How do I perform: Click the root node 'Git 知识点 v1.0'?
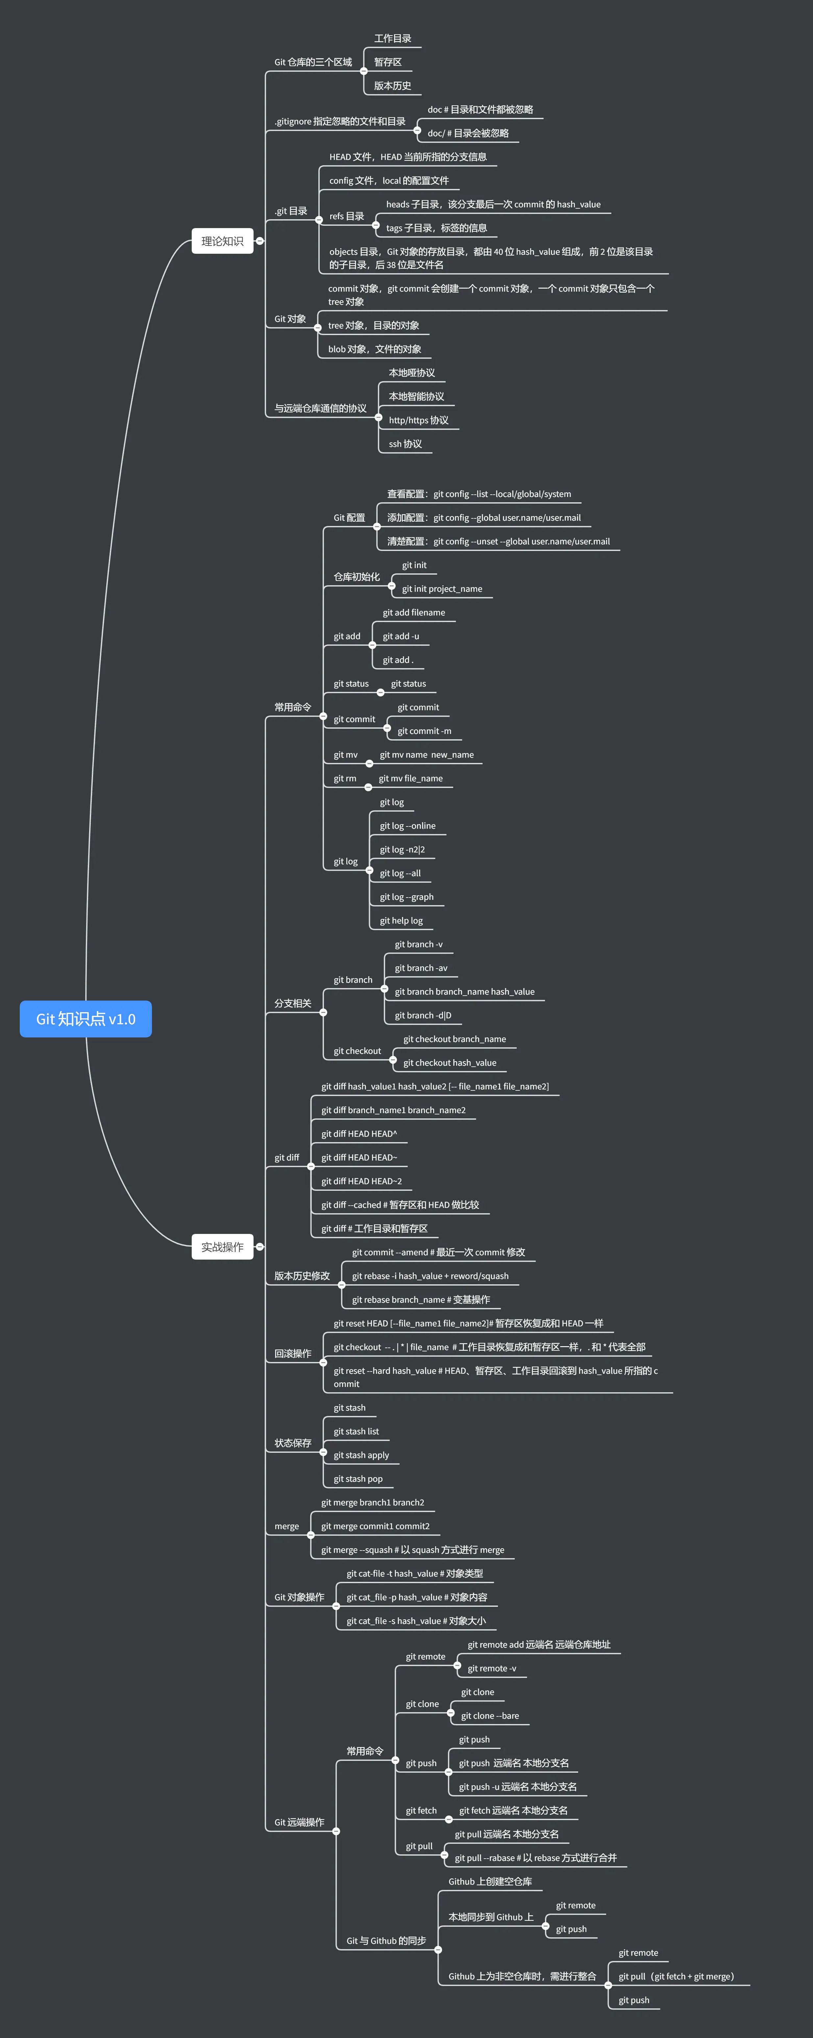pyautogui.click(x=86, y=1019)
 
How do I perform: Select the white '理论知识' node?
pyautogui.click(x=222, y=241)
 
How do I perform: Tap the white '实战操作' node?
pyautogui.click(x=222, y=1247)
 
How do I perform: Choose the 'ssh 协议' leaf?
pyautogui.click(x=405, y=444)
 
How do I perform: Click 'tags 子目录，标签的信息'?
pyautogui.click(x=436, y=228)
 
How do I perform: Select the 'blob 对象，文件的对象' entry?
pyautogui.click(x=374, y=349)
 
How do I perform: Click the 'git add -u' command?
pyautogui.click(x=401, y=636)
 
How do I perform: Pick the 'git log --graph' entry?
pyautogui.click(x=406, y=897)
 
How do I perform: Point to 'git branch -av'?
pyautogui.click(x=421, y=968)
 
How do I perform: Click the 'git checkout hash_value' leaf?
pyautogui.click(x=449, y=1062)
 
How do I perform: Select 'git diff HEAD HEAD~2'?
pyautogui.click(x=361, y=1181)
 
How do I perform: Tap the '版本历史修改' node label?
pyautogui.click(x=301, y=1276)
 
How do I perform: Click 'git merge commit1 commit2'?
pyautogui.click(x=375, y=1526)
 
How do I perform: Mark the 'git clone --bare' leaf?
pyautogui.click(x=489, y=1716)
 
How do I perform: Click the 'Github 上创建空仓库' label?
pyautogui.click(x=489, y=1881)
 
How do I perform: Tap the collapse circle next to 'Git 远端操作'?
pyautogui.click(x=336, y=1832)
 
